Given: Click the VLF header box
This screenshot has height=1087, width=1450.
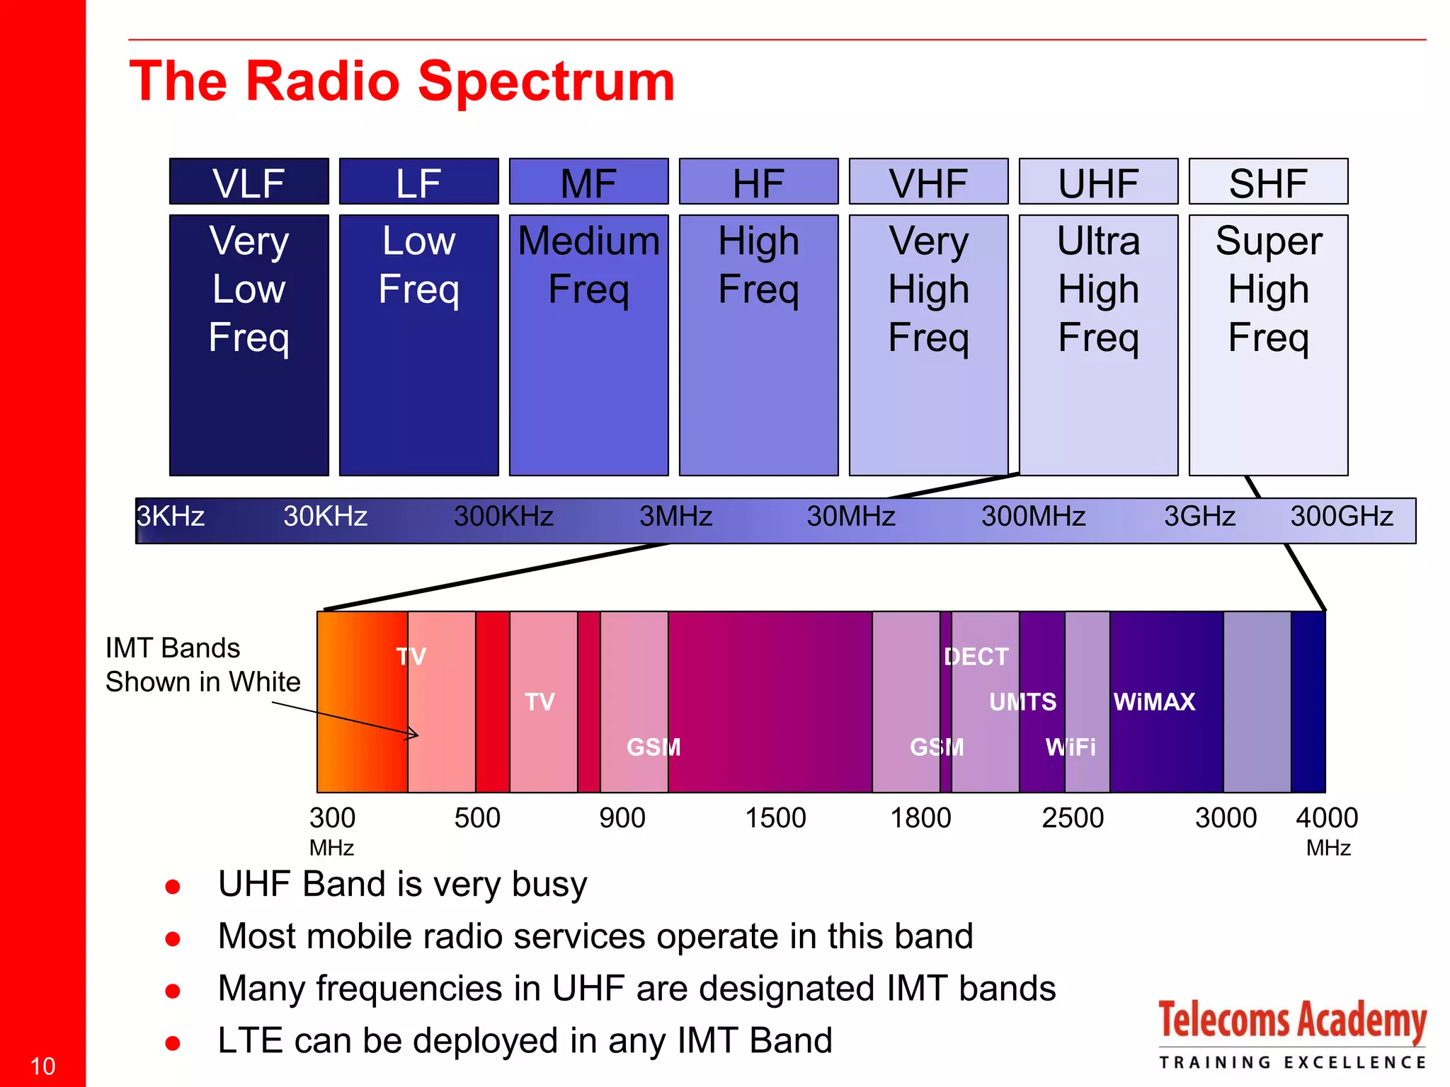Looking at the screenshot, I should [x=249, y=182].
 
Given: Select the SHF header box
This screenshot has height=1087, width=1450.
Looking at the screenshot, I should [x=1267, y=182].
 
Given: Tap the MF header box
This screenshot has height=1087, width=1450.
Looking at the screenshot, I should [x=588, y=182].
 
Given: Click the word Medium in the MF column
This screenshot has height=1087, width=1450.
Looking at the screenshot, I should [x=588, y=241].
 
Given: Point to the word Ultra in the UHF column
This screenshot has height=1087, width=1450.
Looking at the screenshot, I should [x=1098, y=241].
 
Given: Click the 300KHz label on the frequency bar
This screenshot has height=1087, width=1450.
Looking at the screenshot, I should [x=503, y=517].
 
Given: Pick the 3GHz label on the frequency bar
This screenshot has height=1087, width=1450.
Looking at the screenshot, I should [x=1199, y=517].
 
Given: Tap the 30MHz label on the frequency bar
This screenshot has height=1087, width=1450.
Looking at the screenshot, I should [x=850, y=517].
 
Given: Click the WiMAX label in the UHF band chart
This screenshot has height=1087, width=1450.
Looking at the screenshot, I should [x=1154, y=702].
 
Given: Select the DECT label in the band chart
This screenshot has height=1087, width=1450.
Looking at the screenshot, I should [x=976, y=657].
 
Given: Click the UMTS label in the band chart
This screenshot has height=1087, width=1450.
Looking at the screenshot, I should [x=1022, y=702].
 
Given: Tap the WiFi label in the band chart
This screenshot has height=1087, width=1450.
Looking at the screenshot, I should [x=1070, y=747].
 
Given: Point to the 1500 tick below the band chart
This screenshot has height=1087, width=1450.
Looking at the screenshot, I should [x=775, y=818].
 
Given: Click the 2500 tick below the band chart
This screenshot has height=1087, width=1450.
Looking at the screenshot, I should [x=1073, y=818].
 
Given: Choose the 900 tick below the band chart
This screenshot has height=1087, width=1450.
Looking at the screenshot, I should [x=622, y=818].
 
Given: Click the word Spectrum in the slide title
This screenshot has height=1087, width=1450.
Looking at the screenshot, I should [x=546, y=81].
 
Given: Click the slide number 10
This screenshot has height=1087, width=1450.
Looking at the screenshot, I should [x=42, y=1066].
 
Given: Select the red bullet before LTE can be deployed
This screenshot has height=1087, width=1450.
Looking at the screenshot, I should [x=172, y=1042].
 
